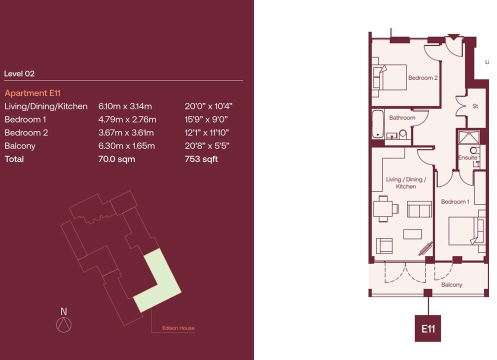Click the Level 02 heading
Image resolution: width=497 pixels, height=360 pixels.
pyautogui.click(x=19, y=73)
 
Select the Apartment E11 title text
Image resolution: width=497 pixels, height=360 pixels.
pyautogui.click(x=32, y=93)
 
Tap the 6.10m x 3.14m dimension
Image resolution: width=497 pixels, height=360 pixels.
pyautogui.click(x=125, y=106)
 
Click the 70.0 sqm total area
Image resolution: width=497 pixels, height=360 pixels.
pyautogui.click(x=116, y=159)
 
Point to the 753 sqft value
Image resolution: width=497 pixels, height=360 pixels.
pyautogui.click(x=201, y=159)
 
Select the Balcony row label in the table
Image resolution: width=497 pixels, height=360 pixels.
pyautogui.click(x=20, y=146)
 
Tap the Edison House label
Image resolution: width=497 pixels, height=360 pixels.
pyautogui.click(x=178, y=328)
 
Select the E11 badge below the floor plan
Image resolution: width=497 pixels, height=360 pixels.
pyautogui.click(x=427, y=328)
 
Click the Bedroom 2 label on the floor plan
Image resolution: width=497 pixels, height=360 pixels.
pyautogui.click(x=423, y=78)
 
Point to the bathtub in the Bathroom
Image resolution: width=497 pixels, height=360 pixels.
pyautogui.click(x=377, y=124)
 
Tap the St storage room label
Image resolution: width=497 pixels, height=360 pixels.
pyautogui.click(x=475, y=106)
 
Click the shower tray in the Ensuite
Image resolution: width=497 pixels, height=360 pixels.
pyautogui.click(x=468, y=137)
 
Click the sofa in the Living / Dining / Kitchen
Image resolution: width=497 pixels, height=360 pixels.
pyautogui.click(x=419, y=209)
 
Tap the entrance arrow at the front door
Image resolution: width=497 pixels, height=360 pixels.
pyautogui.click(x=453, y=36)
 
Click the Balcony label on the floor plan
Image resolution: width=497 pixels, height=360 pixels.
pyautogui.click(x=451, y=284)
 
